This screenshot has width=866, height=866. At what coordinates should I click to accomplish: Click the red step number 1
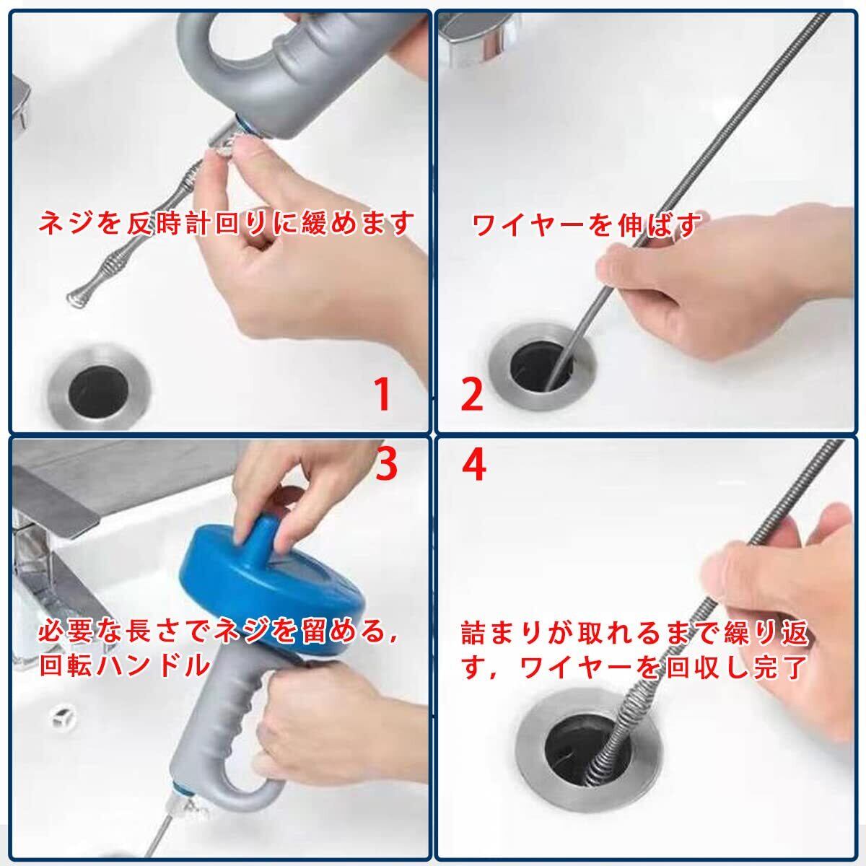[382, 394]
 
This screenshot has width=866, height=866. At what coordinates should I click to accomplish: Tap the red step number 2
[472, 394]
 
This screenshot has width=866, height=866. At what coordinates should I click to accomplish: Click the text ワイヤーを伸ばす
[586, 224]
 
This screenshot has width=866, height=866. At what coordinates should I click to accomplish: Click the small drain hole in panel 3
[61, 717]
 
